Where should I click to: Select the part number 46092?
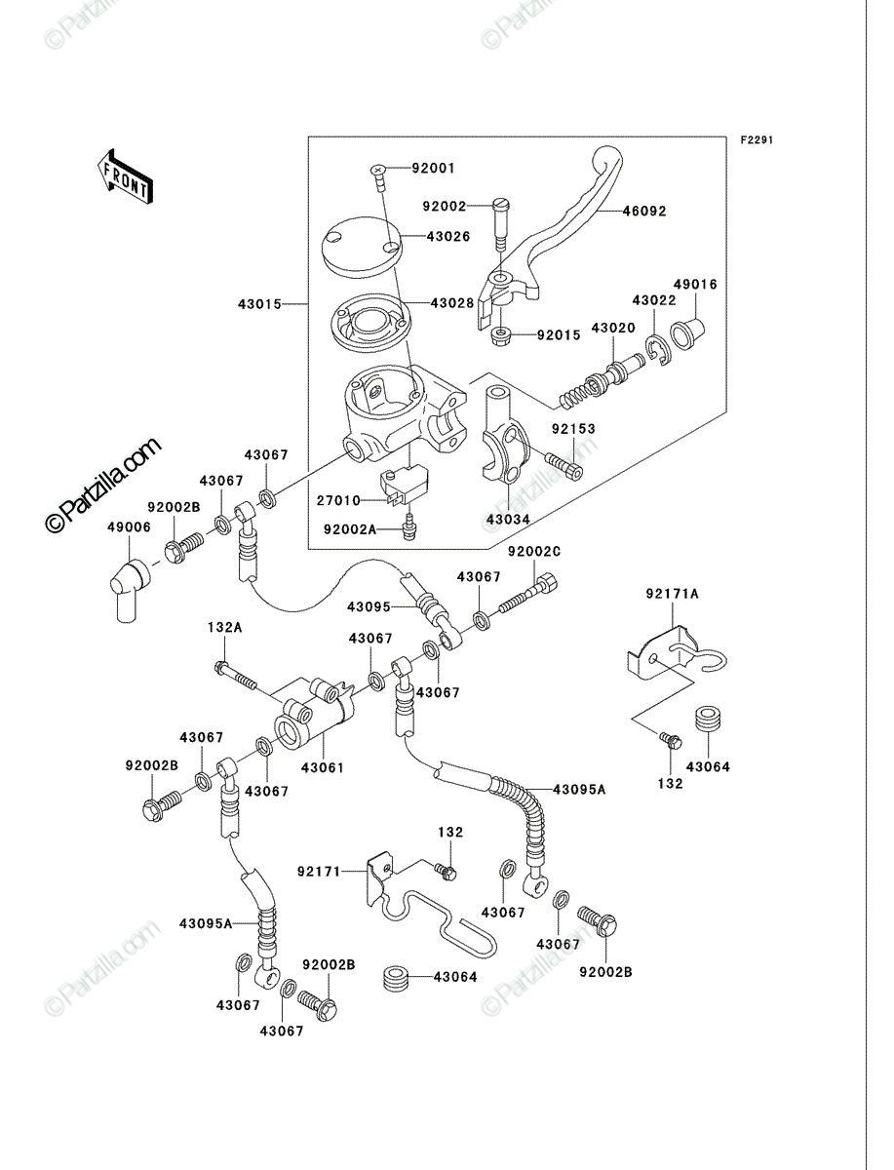[644, 212]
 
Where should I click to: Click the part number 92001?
[433, 169]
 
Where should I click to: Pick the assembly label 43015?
[259, 304]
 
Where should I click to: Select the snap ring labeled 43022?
[660, 351]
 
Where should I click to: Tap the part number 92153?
[573, 429]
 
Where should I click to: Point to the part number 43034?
[508, 519]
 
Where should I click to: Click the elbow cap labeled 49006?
[129, 590]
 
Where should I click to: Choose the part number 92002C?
[534, 552]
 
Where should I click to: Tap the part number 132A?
[225, 628]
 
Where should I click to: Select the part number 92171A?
[672, 593]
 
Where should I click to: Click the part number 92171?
[319, 872]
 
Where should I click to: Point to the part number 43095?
[369, 606]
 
